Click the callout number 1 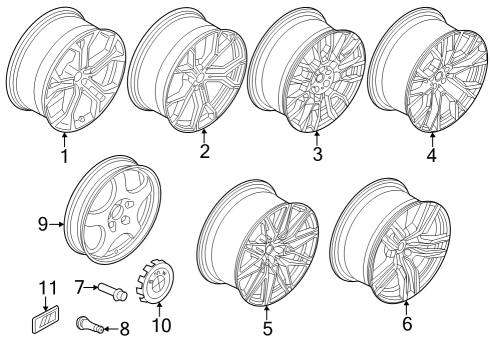click(64, 156)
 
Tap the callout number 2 click(203, 152)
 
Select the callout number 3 click(317, 155)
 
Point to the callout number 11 click(43, 290)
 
